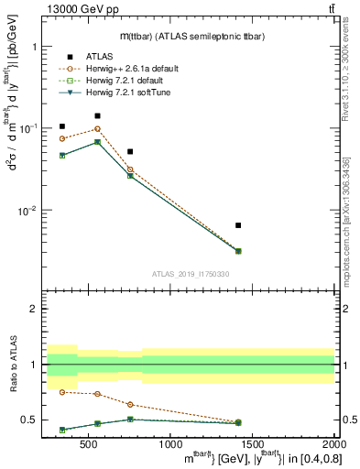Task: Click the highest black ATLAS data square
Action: click(x=98, y=115)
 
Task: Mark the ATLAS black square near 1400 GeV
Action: click(x=238, y=225)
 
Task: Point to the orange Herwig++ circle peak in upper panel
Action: click(x=98, y=129)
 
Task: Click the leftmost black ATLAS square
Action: click(x=62, y=126)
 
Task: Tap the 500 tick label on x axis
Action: click(x=89, y=445)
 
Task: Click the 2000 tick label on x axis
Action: click(x=333, y=445)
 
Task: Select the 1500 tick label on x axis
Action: click(x=252, y=445)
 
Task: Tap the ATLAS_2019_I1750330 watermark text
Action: click(x=190, y=273)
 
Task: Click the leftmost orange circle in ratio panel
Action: click(x=62, y=391)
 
